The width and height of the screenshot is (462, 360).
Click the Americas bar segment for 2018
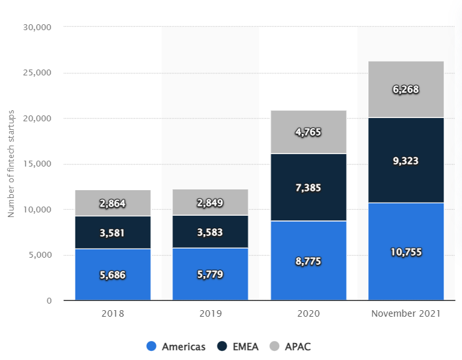[113, 274]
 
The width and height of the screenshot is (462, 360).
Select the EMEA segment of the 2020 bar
[308, 187]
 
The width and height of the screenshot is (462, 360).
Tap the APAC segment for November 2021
[406, 89]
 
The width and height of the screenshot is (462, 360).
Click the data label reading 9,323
[406, 161]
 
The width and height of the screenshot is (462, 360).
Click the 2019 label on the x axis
[210, 313]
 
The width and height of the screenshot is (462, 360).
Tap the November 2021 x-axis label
[406, 313]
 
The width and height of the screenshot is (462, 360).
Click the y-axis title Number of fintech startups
[11, 164]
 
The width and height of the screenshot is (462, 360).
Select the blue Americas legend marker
[151, 346]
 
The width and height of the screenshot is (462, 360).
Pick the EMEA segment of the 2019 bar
[210, 231]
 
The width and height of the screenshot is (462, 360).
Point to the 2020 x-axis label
[308, 313]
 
